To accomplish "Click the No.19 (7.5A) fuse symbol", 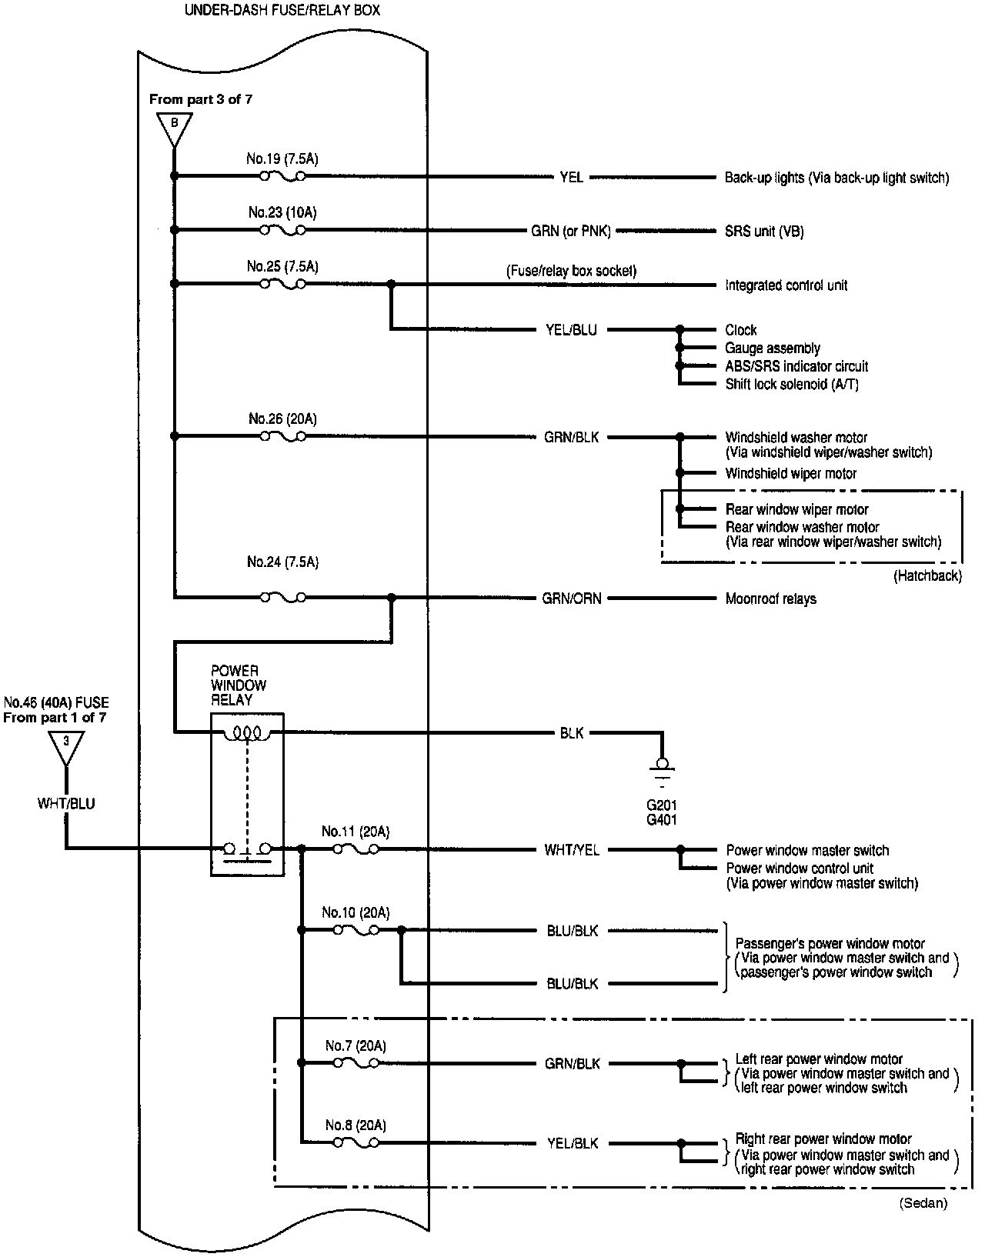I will (282, 176).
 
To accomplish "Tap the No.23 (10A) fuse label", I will (282, 212).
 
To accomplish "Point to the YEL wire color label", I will (571, 178).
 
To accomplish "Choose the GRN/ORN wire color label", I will (572, 598).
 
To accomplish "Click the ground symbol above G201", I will (660, 769).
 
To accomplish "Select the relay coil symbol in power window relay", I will (246, 733).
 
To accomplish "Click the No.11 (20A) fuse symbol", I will (355, 849).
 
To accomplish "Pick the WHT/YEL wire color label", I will (572, 850).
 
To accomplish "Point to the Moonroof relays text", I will (770, 598).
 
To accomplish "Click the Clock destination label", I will (741, 330).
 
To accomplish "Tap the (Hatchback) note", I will (927, 575).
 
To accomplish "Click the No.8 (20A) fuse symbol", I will (355, 1142).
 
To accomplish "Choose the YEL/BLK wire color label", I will (573, 1143).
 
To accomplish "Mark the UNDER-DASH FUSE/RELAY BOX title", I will (282, 11).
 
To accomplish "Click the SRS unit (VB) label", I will (764, 231).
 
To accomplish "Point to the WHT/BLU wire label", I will (66, 803).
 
